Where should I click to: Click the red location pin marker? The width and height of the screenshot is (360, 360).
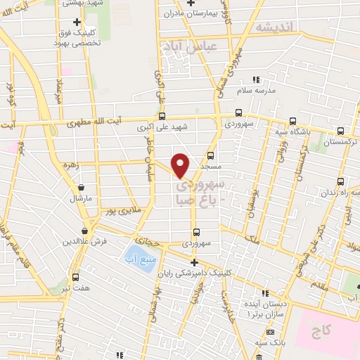click(x=181, y=165)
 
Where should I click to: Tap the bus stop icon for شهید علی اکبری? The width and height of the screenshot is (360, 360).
click(x=162, y=117)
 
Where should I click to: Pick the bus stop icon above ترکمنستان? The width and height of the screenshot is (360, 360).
click(x=341, y=131)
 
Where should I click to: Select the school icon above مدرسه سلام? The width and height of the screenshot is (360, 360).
click(x=257, y=79)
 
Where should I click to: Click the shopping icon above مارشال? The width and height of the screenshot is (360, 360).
click(x=83, y=188)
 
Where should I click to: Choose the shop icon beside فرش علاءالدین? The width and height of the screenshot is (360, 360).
click(x=84, y=231)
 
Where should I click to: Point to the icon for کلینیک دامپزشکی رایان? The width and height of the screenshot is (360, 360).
click(x=195, y=262)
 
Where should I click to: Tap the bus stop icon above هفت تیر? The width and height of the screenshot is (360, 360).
click(x=75, y=277)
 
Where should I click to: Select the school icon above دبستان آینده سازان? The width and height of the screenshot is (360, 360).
click(x=264, y=292)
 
